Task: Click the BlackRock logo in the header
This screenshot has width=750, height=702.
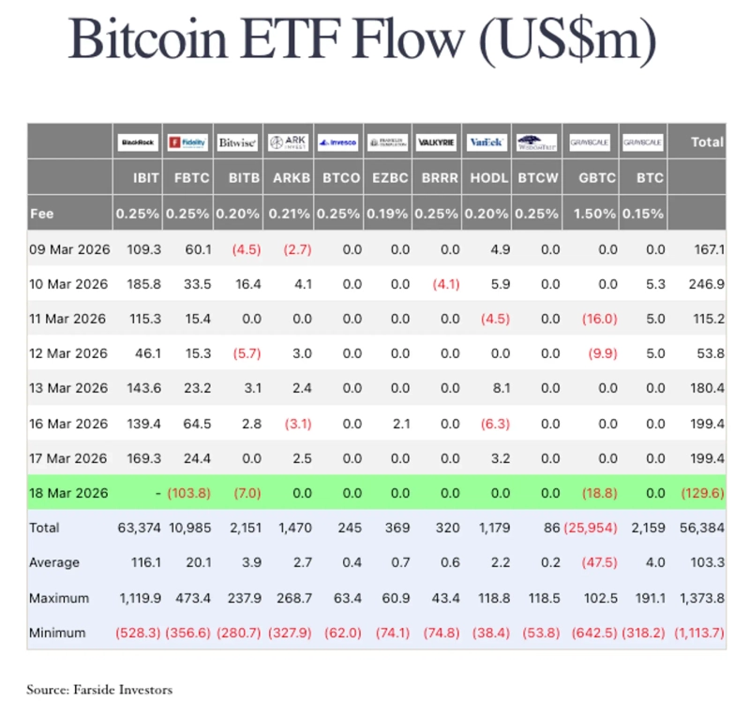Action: [x=138, y=142]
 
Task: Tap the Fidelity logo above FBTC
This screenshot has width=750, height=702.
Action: [x=187, y=142]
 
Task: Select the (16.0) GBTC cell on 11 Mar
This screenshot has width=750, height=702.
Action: [x=599, y=319]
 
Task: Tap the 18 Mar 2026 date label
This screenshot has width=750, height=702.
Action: [x=70, y=492]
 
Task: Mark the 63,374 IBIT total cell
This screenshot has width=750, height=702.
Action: [x=139, y=528]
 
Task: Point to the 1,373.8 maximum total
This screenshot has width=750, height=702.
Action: [x=699, y=598]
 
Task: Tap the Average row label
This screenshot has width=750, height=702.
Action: [x=54, y=562]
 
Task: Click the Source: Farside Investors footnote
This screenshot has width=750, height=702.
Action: [x=99, y=690]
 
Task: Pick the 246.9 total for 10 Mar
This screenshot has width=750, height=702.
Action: [x=705, y=283]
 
